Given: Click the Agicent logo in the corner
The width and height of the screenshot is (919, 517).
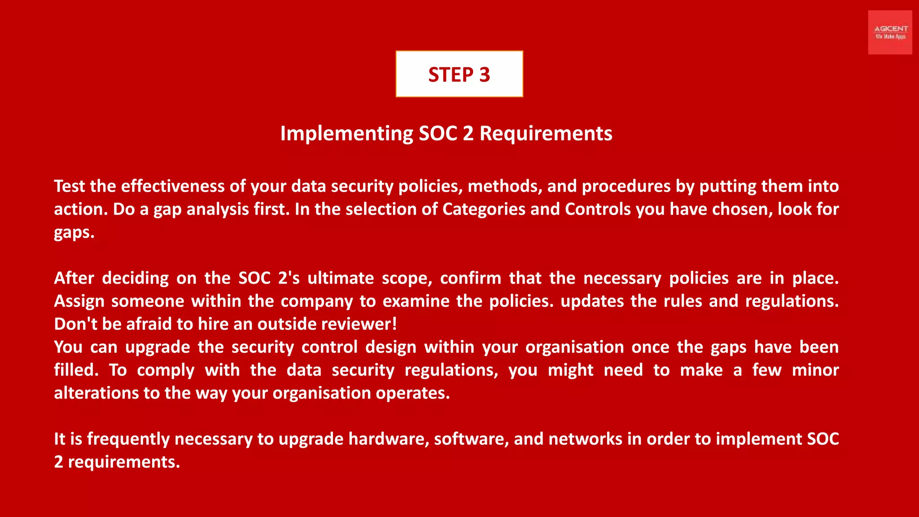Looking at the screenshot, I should coord(890,32).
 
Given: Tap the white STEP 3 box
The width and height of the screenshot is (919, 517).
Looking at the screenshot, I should coord(459,74).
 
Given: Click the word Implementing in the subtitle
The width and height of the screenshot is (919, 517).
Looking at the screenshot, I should coord(346,134).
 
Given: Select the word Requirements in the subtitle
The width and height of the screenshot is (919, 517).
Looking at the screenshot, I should coord(546,134).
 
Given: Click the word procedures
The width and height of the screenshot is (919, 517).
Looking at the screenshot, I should coord(626,186).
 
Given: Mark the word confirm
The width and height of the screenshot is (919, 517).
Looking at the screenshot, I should coord(471,278).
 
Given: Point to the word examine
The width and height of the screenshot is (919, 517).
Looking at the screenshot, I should coord(416,301).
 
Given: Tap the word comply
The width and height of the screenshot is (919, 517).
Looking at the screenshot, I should coord(166,371).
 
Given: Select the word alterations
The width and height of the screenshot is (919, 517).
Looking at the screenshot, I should coord(96,393).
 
